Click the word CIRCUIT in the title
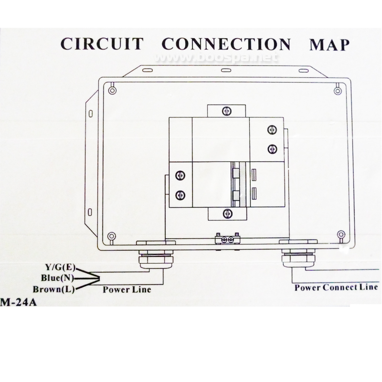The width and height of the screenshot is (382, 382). [102, 44]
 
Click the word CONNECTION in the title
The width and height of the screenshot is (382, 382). [226, 44]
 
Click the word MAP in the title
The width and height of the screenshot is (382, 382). [329, 44]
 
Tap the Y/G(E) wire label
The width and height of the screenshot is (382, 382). [61, 267]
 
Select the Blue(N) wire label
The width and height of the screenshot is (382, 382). [57, 278]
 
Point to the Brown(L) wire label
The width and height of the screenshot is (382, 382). [53, 289]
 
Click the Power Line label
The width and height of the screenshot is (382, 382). [127, 289]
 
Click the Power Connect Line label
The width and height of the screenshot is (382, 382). [336, 287]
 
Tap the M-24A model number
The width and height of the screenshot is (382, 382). [18, 302]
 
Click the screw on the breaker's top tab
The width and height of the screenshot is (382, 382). [226, 111]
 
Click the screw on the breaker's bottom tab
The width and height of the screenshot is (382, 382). [228, 213]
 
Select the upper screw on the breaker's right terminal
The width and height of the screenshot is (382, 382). [272, 129]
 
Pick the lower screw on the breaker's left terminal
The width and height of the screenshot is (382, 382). [180, 195]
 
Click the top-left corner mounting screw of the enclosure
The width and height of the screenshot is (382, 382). [112, 90]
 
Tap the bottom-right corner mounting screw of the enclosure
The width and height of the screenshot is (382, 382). [341, 235]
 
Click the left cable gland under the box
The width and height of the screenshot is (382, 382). [156, 258]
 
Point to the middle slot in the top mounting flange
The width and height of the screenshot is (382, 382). [225, 70]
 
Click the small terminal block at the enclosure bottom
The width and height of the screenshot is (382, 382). [228, 239]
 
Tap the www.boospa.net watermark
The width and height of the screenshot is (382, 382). [216, 57]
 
